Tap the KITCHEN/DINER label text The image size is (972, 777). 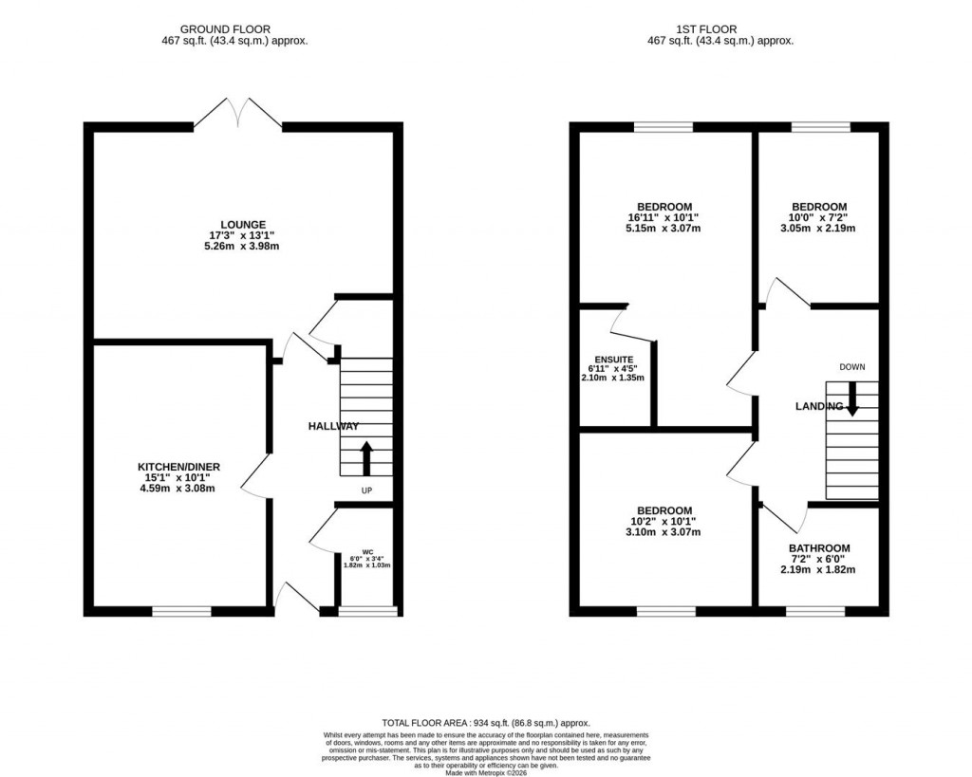coord(179,467)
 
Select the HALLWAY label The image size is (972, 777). coord(333,427)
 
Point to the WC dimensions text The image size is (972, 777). coord(366,561)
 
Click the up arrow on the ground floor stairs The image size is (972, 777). coord(366,458)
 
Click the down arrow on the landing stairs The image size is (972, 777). coord(851,398)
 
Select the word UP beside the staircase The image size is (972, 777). coord(366,490)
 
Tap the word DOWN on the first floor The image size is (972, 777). coord(851,366)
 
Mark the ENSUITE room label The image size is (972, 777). coord(616,358)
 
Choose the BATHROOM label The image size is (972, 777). coord(818,548)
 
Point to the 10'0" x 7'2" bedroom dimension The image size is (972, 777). coord(818,217)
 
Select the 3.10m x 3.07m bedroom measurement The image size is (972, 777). coord(664,532)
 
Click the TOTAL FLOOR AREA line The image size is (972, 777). coord(485,722)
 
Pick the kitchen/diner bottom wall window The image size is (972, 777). coord(181,612)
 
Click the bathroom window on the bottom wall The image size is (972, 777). coord(815,612)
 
